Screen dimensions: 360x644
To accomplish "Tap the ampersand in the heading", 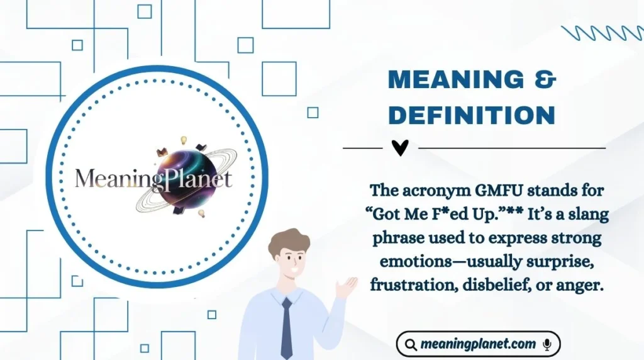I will pyautogui.click(x=541, y=81).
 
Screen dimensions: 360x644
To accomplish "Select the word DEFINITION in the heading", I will pyautogui.click(x=472, y=115).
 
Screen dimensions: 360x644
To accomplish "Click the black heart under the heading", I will pyautogui.click(x=399, y=148).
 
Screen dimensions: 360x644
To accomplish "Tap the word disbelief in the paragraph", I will pyautogui.click(x=490, y=284).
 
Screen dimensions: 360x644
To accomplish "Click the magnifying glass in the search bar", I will pyautogui.click(x=410, y=344).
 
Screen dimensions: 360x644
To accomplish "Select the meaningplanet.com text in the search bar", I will pyautogui.click(x=478, y=344).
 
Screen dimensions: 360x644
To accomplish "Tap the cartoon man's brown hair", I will pyautogui.click(x=291, y=240).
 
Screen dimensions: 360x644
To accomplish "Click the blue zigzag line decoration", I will pyautogui.click(x=602, y=33).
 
